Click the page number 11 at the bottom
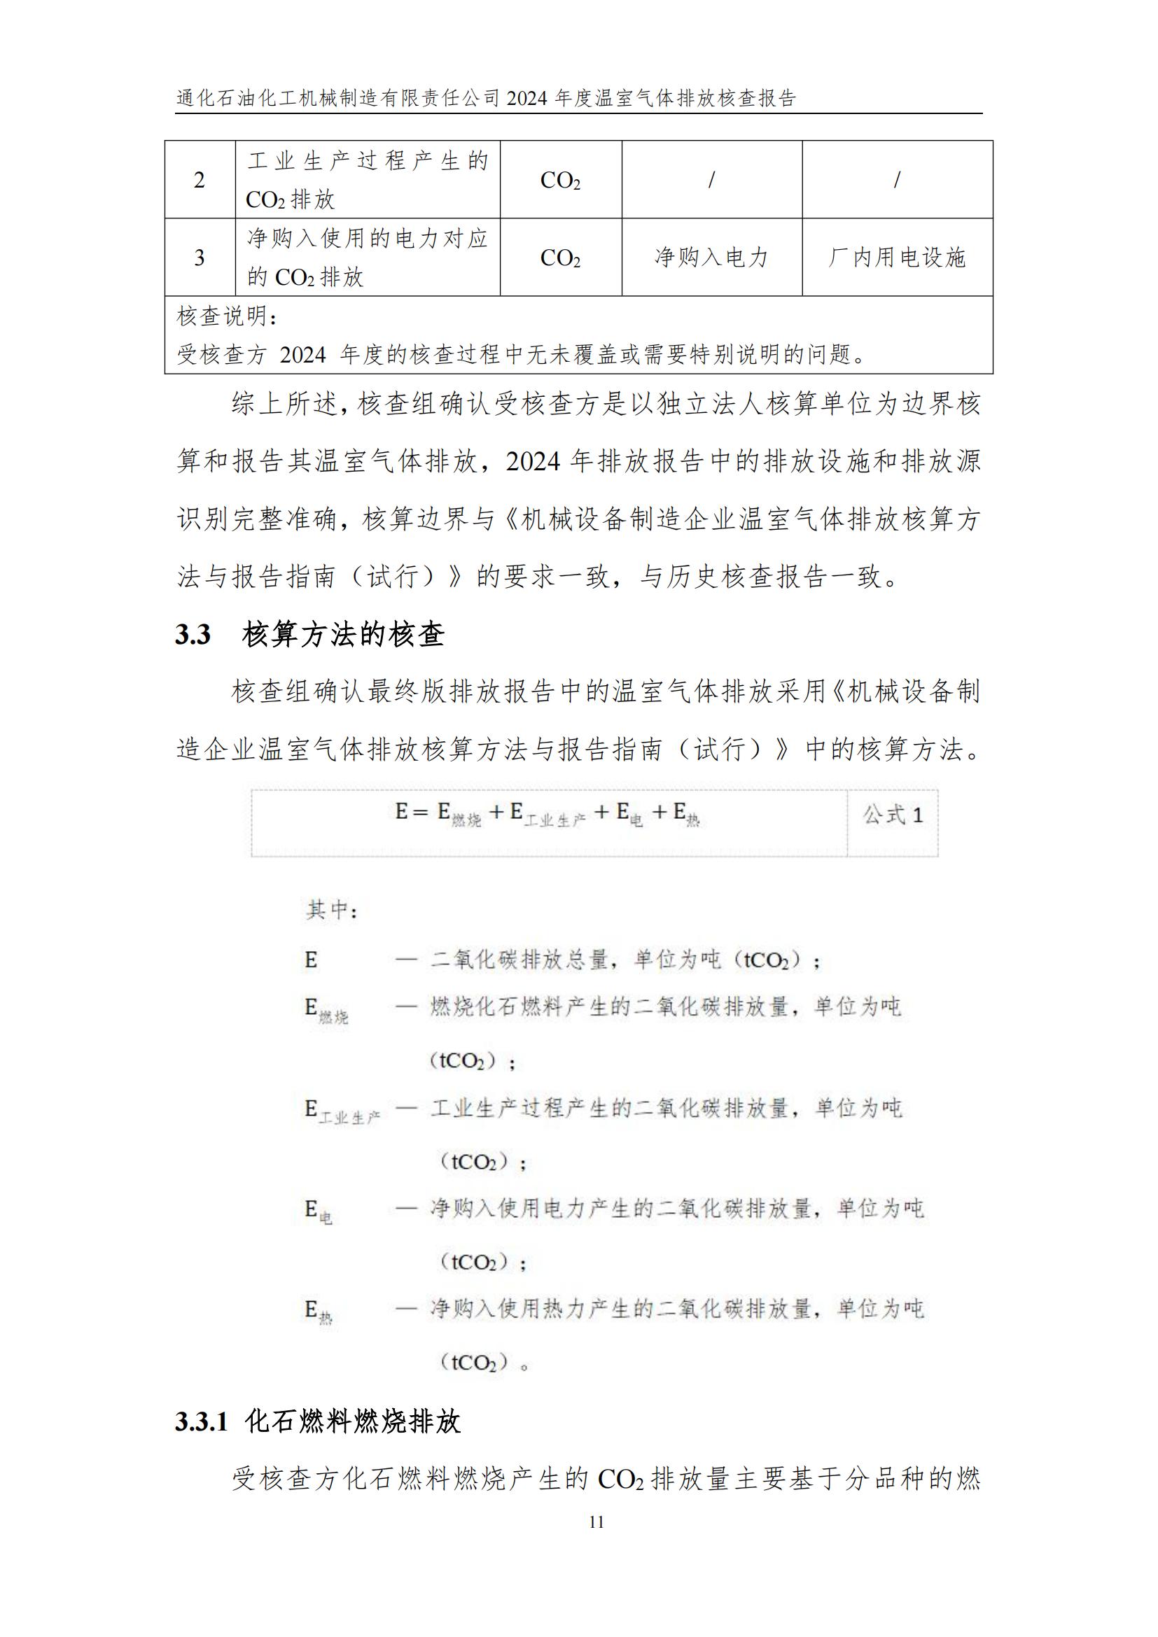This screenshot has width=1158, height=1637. point(597,1522)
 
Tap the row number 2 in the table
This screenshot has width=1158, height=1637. point(200,180)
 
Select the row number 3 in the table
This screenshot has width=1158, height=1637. point(200,258)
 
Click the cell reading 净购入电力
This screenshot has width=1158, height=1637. point(711,258)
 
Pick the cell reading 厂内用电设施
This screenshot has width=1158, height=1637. point(896,258)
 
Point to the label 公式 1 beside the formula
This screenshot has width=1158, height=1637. point(893,815)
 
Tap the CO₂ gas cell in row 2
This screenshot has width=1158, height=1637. point(561,181)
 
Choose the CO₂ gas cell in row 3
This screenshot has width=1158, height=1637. point(561,258)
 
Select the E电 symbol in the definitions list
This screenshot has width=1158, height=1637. point(318,1211)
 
